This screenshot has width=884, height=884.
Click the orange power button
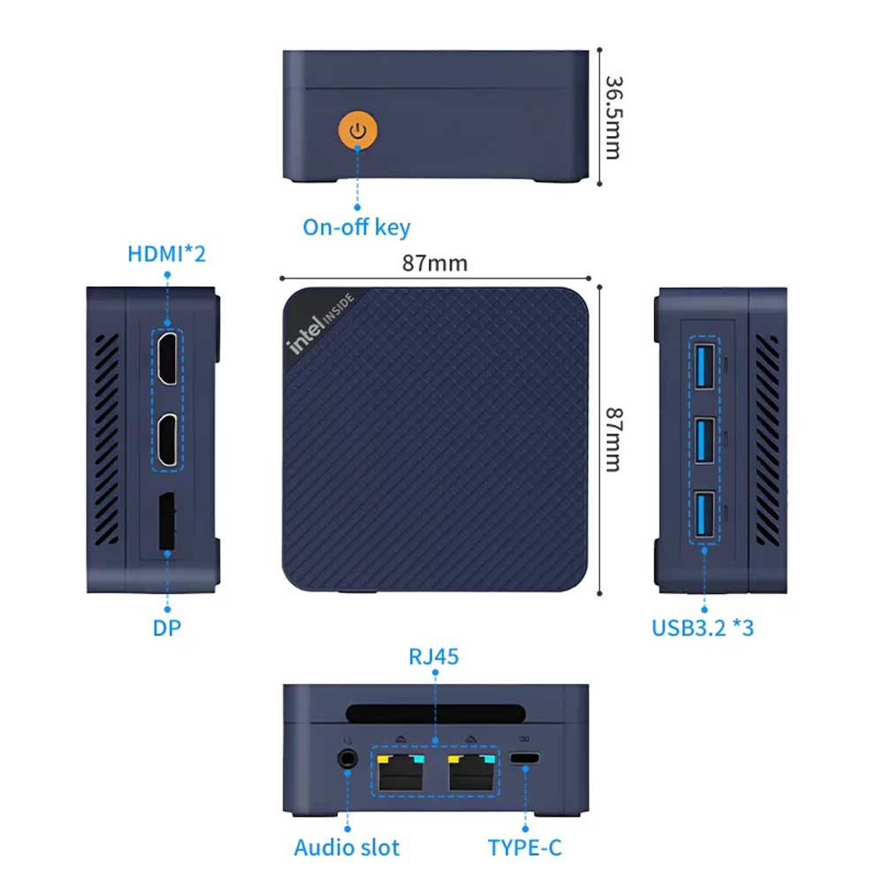click(x=357, y=131)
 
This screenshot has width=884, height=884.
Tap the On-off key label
click(x=356, y=228)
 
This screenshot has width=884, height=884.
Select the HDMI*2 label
click(x=166, y=254)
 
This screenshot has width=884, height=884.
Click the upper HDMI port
click(x=168, y=358)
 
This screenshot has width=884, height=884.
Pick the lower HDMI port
click(x=168, y=440)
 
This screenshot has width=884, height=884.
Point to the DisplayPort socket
click(x=167, y=522)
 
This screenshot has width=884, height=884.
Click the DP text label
click(x=167, y=628)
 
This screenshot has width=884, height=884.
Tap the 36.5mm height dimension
click(x=613, y=118)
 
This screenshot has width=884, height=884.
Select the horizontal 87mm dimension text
click(x=435, y=263)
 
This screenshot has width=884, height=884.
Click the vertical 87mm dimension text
click(x=613, y=439)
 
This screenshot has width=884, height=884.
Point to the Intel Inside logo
click(x=320, y=323)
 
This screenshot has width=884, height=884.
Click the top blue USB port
click(x=705, y=367)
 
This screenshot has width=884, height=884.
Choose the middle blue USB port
click(x=705, y=441)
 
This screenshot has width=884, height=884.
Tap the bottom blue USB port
click(x=705, y=514)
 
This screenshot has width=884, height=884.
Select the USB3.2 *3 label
click(x=703, y=628)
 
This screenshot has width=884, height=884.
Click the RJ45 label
click(x=433, y=657)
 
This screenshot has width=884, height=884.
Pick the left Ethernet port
click(x=400, y=773)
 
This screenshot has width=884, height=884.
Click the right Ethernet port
click(x=471, y=773)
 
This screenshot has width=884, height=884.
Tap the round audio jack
click(x=347, y=758)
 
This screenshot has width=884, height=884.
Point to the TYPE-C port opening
click(x=525, y=758)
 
